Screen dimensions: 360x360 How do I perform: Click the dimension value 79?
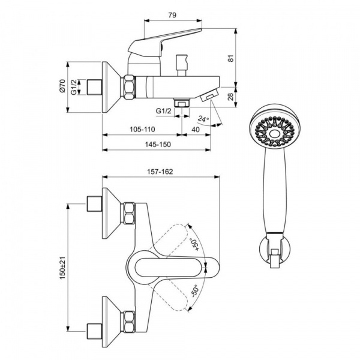172,15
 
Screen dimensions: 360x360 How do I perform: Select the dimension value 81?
231,58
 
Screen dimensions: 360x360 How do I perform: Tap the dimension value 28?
231,97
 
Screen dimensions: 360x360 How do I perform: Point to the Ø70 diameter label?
62,86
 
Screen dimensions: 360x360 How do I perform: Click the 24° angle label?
203,119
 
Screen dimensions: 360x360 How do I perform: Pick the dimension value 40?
196,130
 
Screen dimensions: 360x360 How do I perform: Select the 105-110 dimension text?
142,130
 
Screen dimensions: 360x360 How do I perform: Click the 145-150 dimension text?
158,145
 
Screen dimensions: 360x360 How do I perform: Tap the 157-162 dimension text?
160,172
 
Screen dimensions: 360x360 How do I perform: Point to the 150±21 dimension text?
62,268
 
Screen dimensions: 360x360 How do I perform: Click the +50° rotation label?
195,245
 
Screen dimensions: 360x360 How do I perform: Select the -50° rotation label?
194,291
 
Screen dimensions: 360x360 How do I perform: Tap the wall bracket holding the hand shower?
275,251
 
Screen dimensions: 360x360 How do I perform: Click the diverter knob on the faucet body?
181,65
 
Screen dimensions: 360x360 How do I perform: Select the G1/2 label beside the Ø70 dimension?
74,87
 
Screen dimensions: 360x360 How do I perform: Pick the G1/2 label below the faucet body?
163,111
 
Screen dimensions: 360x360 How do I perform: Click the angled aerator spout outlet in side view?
209,96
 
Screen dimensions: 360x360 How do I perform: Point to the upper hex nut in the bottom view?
129,213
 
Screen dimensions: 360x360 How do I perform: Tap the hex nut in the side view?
130,87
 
